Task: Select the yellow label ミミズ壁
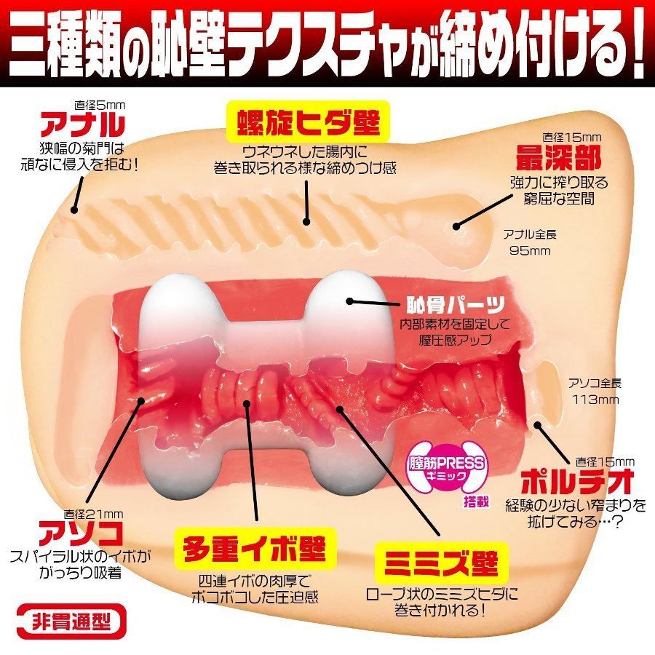point(441,563)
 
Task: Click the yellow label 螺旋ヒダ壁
point(308,122)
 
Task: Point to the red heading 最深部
point(558,157)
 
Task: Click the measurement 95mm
point(530,250)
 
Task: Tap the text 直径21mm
point(93,514)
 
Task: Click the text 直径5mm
point(100,105)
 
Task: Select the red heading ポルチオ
point(577,482)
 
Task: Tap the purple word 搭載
point(476,501)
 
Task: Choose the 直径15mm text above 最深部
point(571,137)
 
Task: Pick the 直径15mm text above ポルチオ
point(605,461)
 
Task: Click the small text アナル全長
point(530,234)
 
